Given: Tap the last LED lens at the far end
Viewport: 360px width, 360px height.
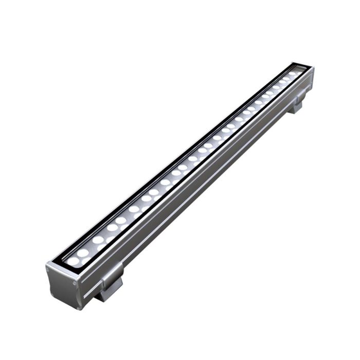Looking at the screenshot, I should tap(292, 74).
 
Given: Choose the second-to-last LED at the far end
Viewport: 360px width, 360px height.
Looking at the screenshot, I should tap(286, 79).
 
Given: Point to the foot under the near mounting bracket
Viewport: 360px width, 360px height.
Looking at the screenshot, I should tap(109, 293).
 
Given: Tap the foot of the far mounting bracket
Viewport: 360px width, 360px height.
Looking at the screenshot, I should tap(296, 108).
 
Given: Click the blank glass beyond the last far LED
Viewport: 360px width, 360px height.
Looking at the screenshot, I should tap(298, 69).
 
